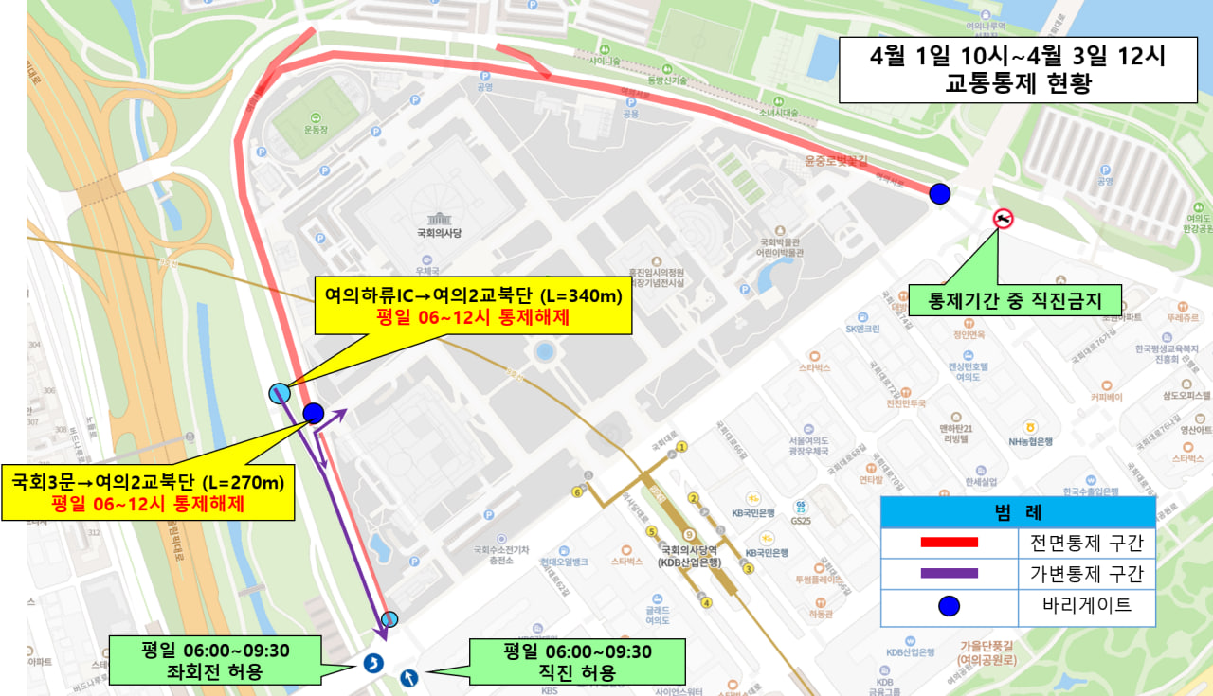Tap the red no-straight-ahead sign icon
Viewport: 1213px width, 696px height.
click(x=1003, y=220)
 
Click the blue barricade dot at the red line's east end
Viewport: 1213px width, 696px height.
click(x=939, y=193)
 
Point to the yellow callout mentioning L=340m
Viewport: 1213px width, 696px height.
click(x=473, y=306)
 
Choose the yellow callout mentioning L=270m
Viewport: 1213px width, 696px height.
click(x=148, y=491)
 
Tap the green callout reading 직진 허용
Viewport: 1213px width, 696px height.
click(x=576, y=661)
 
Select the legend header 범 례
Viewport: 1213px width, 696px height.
click(x=1018, y=513)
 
